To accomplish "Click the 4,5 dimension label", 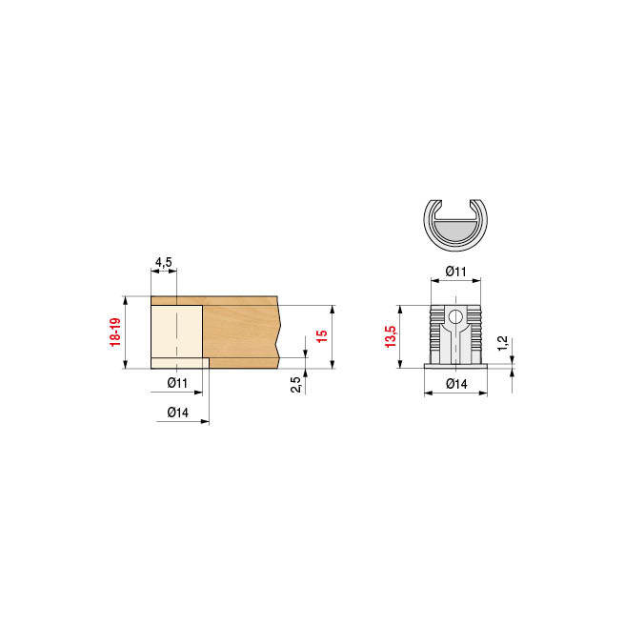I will pos(163,262).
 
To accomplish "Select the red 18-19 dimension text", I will pos(115,333).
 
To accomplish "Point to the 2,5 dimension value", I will pos(295,384).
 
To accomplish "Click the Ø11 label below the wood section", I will pos(176,382).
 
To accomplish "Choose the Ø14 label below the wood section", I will pos(176,412).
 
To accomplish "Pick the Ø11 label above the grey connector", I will pos(455,272).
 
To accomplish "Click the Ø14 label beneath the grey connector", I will pos(455,384).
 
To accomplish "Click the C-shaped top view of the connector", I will pos(455,228).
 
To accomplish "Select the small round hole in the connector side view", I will pos(456,317).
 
